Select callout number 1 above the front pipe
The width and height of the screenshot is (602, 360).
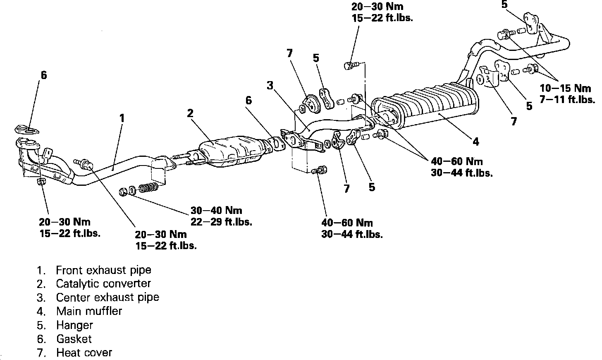tap(122, 118)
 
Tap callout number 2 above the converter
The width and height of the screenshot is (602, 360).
tap(190, 113)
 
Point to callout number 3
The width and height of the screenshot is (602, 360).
tap(270, 86)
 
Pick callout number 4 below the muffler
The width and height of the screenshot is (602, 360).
tap(476, 142)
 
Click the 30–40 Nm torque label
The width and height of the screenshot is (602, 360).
tap(216, 210)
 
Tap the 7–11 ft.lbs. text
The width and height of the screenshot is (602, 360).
tap(567, 100)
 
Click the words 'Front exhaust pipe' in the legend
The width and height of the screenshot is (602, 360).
tap(103, 270)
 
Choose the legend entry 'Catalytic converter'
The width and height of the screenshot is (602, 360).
tap(103, 284)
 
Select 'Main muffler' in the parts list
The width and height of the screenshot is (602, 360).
tap(89, 311)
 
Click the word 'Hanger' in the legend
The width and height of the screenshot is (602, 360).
tap(74, 325)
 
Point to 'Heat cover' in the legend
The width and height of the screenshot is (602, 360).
tap(84, 353)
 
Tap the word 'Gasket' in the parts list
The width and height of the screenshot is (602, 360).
tap(74, 339)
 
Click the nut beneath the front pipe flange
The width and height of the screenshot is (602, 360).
tap(41, 182)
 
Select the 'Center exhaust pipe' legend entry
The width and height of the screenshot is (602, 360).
tap(107, 298)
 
